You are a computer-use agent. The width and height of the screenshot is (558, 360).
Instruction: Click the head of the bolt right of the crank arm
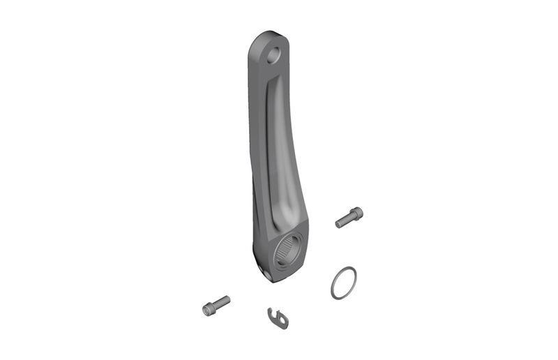(359, 213)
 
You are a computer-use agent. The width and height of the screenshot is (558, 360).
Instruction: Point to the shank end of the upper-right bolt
(338, 225)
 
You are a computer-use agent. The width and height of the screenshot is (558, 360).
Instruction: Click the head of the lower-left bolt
(208, 308)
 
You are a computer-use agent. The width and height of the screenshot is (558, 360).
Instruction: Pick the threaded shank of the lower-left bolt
(220, 303)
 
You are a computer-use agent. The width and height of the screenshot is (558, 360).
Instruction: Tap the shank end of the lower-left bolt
(227, 299)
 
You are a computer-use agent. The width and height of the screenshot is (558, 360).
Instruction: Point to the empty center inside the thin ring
(343, 283)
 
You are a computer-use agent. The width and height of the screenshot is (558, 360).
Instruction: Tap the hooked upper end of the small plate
(273, 310)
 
